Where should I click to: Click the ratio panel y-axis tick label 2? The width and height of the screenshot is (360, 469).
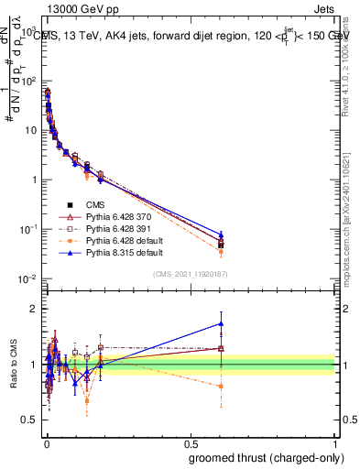click(x=35, y=309)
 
